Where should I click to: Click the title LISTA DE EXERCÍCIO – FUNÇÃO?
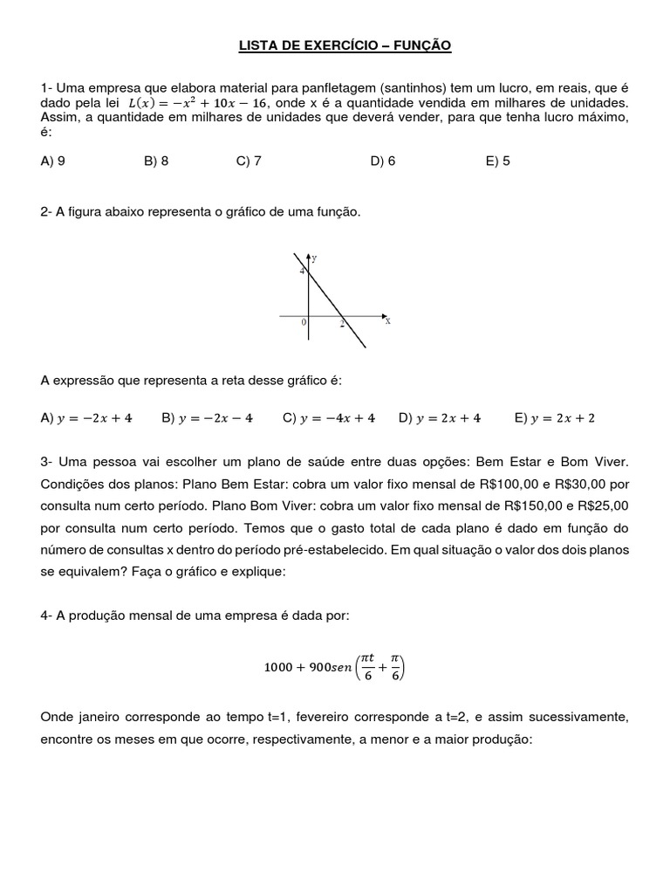click(345, 45)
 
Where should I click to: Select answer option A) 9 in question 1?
click(53, 162)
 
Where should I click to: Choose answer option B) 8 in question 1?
click(156, 162)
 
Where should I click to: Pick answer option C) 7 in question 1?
click(249, 162)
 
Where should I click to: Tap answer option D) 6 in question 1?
click(382, 162)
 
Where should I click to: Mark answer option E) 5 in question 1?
click(497, 162)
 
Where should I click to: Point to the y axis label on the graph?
click(314, 258)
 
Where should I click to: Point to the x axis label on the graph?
click(387, 321)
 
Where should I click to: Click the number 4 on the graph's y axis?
click(303, 272)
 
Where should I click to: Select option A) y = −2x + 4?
click(86, 418)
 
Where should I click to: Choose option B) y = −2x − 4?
click(207, 418)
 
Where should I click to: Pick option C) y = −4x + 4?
click(329, 418)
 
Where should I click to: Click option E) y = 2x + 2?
click(555, 418)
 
